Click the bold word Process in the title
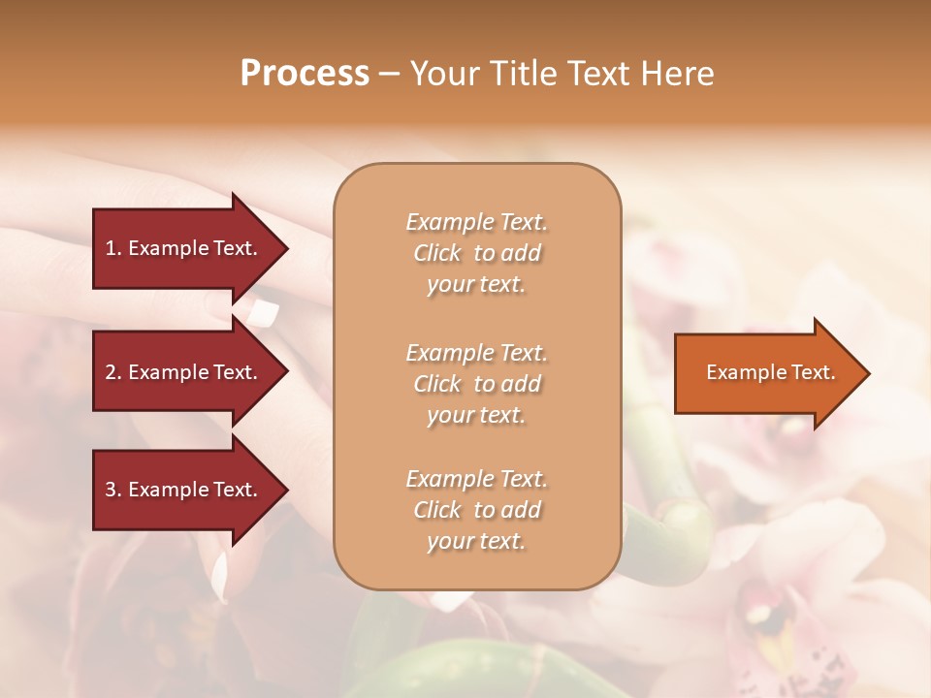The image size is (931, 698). click(305, 74)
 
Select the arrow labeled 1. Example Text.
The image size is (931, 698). click(184, 248)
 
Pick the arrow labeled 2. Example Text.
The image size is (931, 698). click(184, 372)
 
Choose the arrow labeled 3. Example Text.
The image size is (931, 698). click(184, 490)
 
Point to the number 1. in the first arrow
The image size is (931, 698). click(113, 248)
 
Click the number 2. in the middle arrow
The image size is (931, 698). click(113, 372)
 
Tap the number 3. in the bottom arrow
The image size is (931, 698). click(113, 490)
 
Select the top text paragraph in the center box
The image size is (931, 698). click(476, 253)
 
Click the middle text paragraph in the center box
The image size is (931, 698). click(476, 384)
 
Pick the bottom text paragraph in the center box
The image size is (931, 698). click(476, 510)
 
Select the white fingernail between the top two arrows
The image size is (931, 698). click(263, 312)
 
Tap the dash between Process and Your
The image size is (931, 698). click(389, 74)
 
